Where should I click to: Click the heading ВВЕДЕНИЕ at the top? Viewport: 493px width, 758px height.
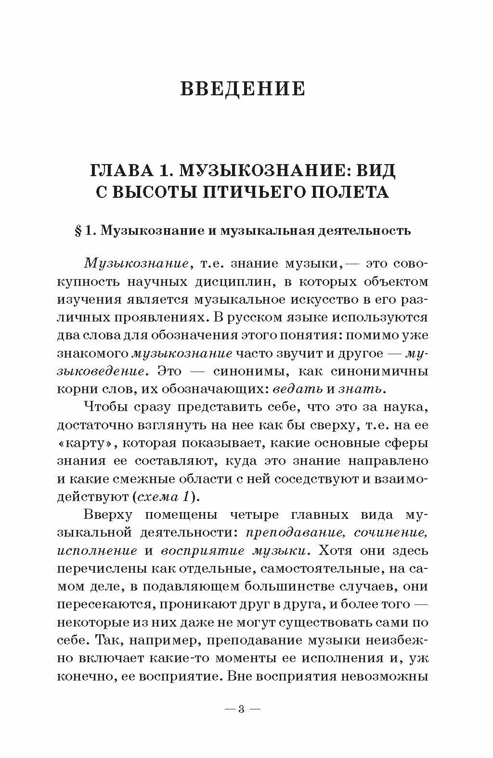point(243,89)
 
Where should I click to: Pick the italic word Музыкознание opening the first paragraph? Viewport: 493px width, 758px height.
point(135,264)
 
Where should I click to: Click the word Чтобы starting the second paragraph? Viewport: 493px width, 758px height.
point(107,407)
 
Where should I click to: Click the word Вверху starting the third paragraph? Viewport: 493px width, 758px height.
point(108,514)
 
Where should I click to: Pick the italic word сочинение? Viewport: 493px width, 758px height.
point(391,532)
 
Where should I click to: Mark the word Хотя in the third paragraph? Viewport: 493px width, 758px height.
point(340,550)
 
